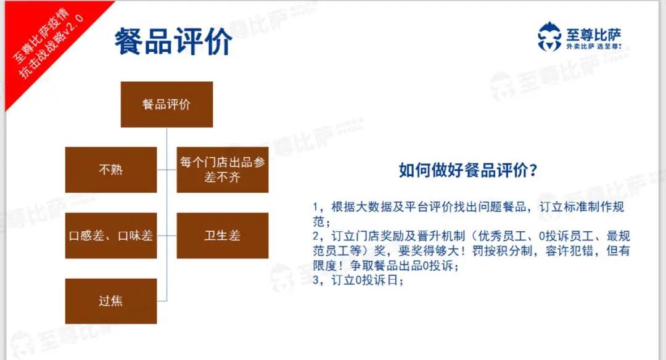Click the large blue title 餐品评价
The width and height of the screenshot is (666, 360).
[173, 41]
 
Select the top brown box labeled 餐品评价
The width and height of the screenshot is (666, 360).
[166, 104]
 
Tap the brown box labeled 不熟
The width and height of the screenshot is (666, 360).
[111, 170]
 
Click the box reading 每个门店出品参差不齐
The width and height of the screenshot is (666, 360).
[223, 170]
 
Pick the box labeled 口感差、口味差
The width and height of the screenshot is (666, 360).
[111, 235]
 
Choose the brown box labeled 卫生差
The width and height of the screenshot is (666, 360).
[223, 235]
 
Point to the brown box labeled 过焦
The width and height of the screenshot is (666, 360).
[111, 301]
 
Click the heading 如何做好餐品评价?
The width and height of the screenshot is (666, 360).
[468, 170]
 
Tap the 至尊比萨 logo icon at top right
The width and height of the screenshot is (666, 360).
[549, 36]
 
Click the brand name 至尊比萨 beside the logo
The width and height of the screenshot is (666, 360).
[593, 35]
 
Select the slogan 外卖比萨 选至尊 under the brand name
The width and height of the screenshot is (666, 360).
[593, 46]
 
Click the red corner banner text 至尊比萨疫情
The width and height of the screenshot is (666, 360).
[40, 36]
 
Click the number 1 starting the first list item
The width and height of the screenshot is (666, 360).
[315, 207]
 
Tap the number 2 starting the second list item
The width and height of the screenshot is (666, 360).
[316, 236]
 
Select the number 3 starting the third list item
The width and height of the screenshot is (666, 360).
[316, 280]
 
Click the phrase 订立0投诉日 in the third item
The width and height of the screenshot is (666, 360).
[365, 280]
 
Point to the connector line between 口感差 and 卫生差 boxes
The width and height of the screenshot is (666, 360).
[166, 235]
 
